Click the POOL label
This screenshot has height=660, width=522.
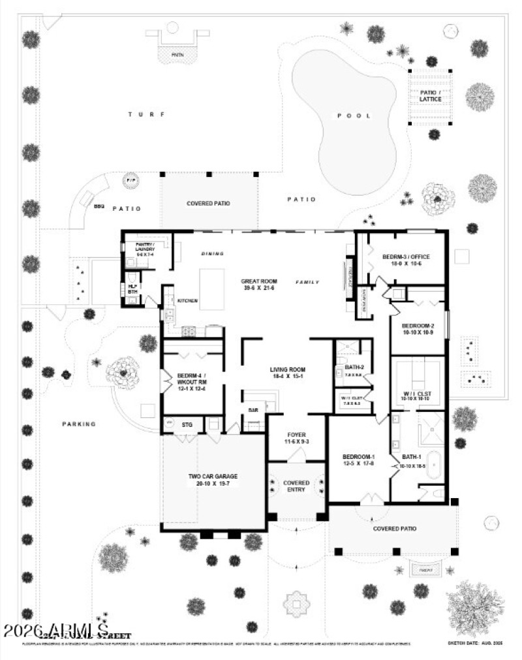pos(354,116)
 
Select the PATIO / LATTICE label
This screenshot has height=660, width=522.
pos(430,95)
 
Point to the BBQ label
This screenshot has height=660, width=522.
pos(99,206)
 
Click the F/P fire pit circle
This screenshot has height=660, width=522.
pos(129,181)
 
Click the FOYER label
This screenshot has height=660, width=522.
pos(297,439)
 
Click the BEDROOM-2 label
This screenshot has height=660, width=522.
pos(418,329)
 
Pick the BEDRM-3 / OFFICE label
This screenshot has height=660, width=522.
pos(406,260)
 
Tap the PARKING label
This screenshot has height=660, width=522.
pos(79,424)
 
